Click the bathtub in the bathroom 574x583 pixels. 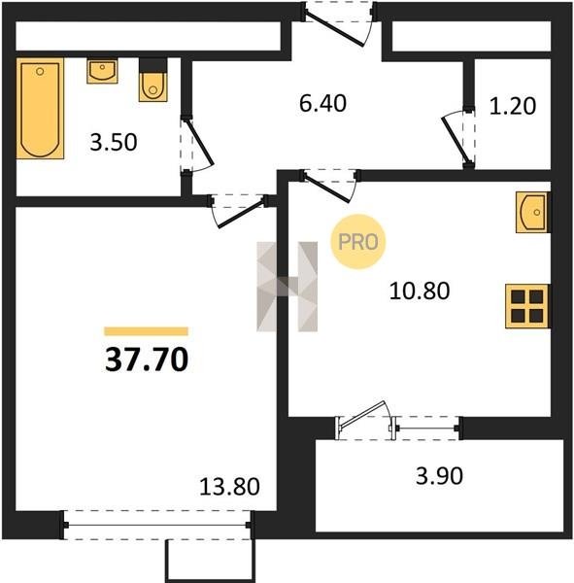point(40,108)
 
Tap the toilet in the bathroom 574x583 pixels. point(152,80)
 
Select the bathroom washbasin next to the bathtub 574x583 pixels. point(102,70)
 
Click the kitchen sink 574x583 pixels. point(531,212)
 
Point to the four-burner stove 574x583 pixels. point(527,306)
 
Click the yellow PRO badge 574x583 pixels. point(358,242)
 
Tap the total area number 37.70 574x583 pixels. point(147,360)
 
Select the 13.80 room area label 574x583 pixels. point(229,487)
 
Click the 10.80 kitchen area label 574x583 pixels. point(420,291)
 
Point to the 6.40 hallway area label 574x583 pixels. point(322,103)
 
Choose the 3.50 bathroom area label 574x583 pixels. point(114,142)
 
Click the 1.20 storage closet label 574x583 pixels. point(512,106)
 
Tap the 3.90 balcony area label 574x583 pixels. point(439,475)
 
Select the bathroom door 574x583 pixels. point(197,144)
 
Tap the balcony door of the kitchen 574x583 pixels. point(364,420)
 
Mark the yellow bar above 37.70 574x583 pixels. point(146,331)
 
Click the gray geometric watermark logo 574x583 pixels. point(287,287)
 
